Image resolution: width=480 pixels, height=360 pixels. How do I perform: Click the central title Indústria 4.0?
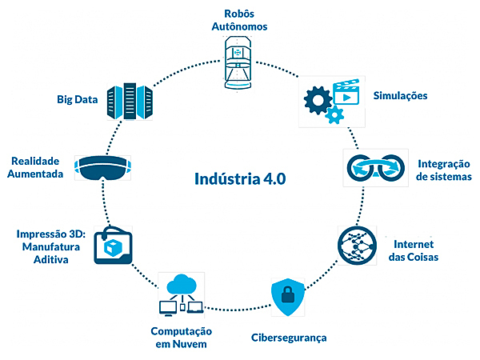240,178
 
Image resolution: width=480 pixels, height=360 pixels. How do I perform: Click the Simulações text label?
400,96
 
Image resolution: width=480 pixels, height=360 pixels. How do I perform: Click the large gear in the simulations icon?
318,101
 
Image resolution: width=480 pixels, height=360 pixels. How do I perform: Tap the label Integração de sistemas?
444,170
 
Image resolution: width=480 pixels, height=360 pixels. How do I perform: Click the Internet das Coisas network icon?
358,245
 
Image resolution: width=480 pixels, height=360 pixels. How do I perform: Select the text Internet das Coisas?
416,250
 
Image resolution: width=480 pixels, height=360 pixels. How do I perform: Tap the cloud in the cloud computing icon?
183,282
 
